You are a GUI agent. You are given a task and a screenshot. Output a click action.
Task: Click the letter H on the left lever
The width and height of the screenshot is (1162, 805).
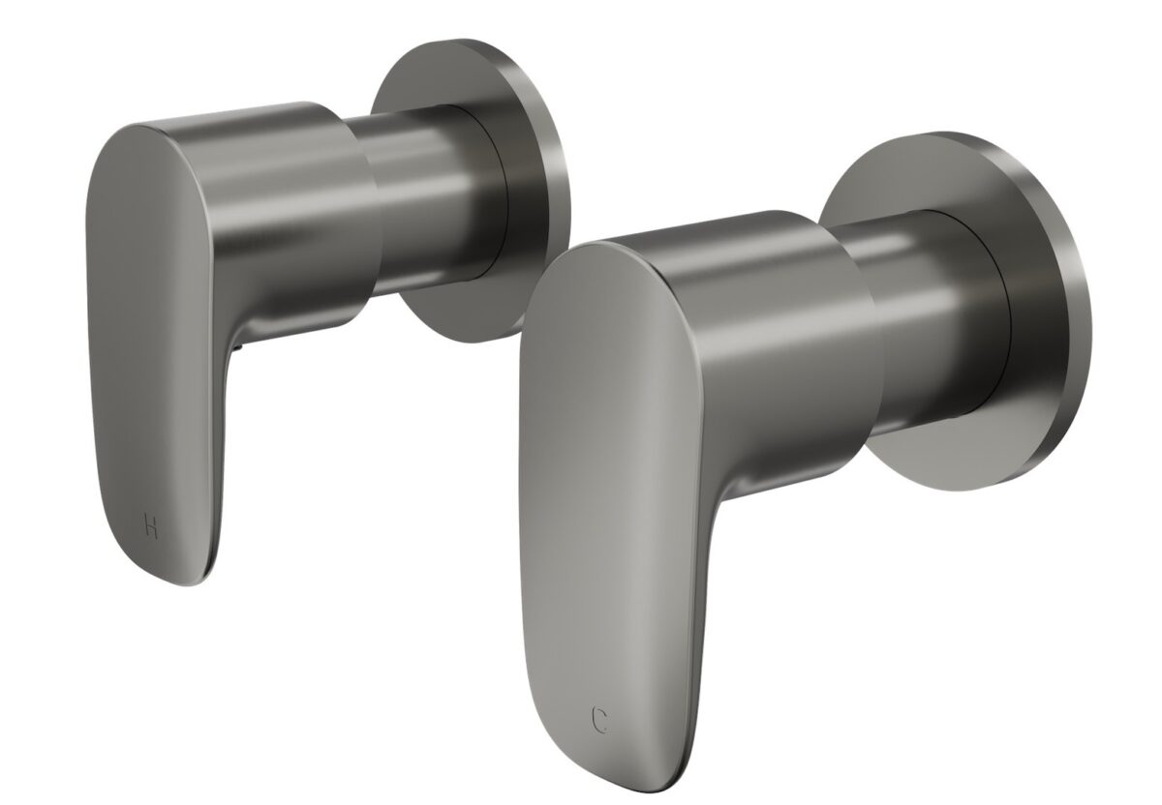coord(151,527)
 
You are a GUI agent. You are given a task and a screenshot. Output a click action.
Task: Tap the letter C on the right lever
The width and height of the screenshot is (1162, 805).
coord(600,719)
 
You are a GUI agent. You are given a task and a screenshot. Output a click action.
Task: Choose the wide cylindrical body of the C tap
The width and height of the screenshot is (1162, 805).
coord(765,319)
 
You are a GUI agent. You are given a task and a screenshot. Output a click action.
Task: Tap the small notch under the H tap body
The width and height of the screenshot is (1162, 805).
coord(236,342)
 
